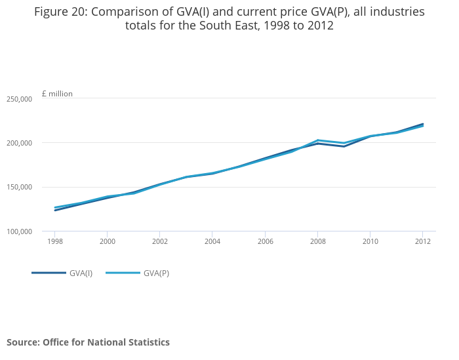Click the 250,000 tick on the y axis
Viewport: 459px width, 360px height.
pos(19,99)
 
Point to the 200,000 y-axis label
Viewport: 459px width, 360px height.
pos(19,143)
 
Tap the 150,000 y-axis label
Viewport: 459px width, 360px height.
pos(19,188)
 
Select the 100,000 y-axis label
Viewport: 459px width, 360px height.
pos(19,231)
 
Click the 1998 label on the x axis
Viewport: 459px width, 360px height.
pos(55,241)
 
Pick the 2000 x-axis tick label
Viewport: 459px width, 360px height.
pos(108,241)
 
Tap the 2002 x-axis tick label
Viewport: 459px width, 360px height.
pos(160,241)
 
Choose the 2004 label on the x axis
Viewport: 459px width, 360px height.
pos(212,241)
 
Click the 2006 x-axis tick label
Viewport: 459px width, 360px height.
pos(265,241)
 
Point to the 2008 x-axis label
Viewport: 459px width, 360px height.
pos(317,241)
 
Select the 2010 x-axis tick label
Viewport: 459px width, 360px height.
pos(370,241)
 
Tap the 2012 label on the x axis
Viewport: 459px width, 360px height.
pos(422,241)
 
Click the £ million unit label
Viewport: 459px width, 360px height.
pos(57,94)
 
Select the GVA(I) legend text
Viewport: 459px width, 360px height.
pos(81,273)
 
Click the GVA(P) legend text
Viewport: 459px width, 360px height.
pos(156,273)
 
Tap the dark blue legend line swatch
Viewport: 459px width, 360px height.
pos(49,273)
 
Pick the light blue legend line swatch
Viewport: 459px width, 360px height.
pos(123,273)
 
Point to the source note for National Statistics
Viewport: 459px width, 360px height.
pos(88,342)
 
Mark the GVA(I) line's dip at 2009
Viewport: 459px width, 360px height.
pos(344,146)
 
